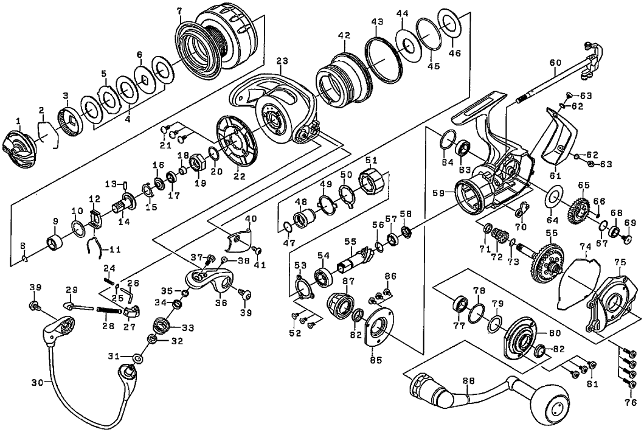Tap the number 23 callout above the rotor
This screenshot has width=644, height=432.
pos(281,61)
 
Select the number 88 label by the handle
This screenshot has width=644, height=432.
pos(468,381)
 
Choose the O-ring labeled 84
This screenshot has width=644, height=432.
pos(448,139)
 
